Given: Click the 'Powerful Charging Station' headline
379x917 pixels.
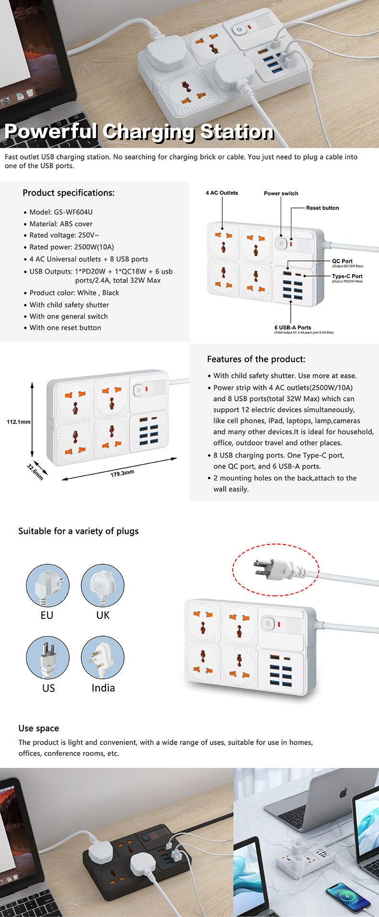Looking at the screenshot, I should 139,132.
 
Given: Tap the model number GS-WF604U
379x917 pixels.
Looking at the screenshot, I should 73,212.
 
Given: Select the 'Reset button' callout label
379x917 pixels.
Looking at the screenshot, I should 322,208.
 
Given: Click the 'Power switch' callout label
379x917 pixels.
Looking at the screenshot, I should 281,194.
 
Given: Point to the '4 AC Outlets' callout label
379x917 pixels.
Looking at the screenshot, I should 222,193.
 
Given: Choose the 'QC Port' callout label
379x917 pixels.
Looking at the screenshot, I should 342,261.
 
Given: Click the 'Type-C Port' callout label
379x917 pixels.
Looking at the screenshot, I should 347,276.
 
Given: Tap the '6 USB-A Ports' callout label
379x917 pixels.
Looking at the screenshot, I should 293,328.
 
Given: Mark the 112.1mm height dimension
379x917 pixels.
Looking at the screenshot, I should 18,422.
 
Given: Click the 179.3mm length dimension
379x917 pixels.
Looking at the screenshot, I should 122,473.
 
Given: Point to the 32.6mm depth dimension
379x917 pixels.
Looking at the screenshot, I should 35,472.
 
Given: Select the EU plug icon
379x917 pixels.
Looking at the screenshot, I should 47,585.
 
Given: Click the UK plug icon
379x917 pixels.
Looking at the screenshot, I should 103,585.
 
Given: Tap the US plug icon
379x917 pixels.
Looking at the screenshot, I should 47,658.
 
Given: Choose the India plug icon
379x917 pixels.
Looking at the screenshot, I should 103,658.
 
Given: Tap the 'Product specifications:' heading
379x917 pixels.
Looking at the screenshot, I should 69,193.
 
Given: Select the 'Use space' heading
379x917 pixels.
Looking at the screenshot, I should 39,728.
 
